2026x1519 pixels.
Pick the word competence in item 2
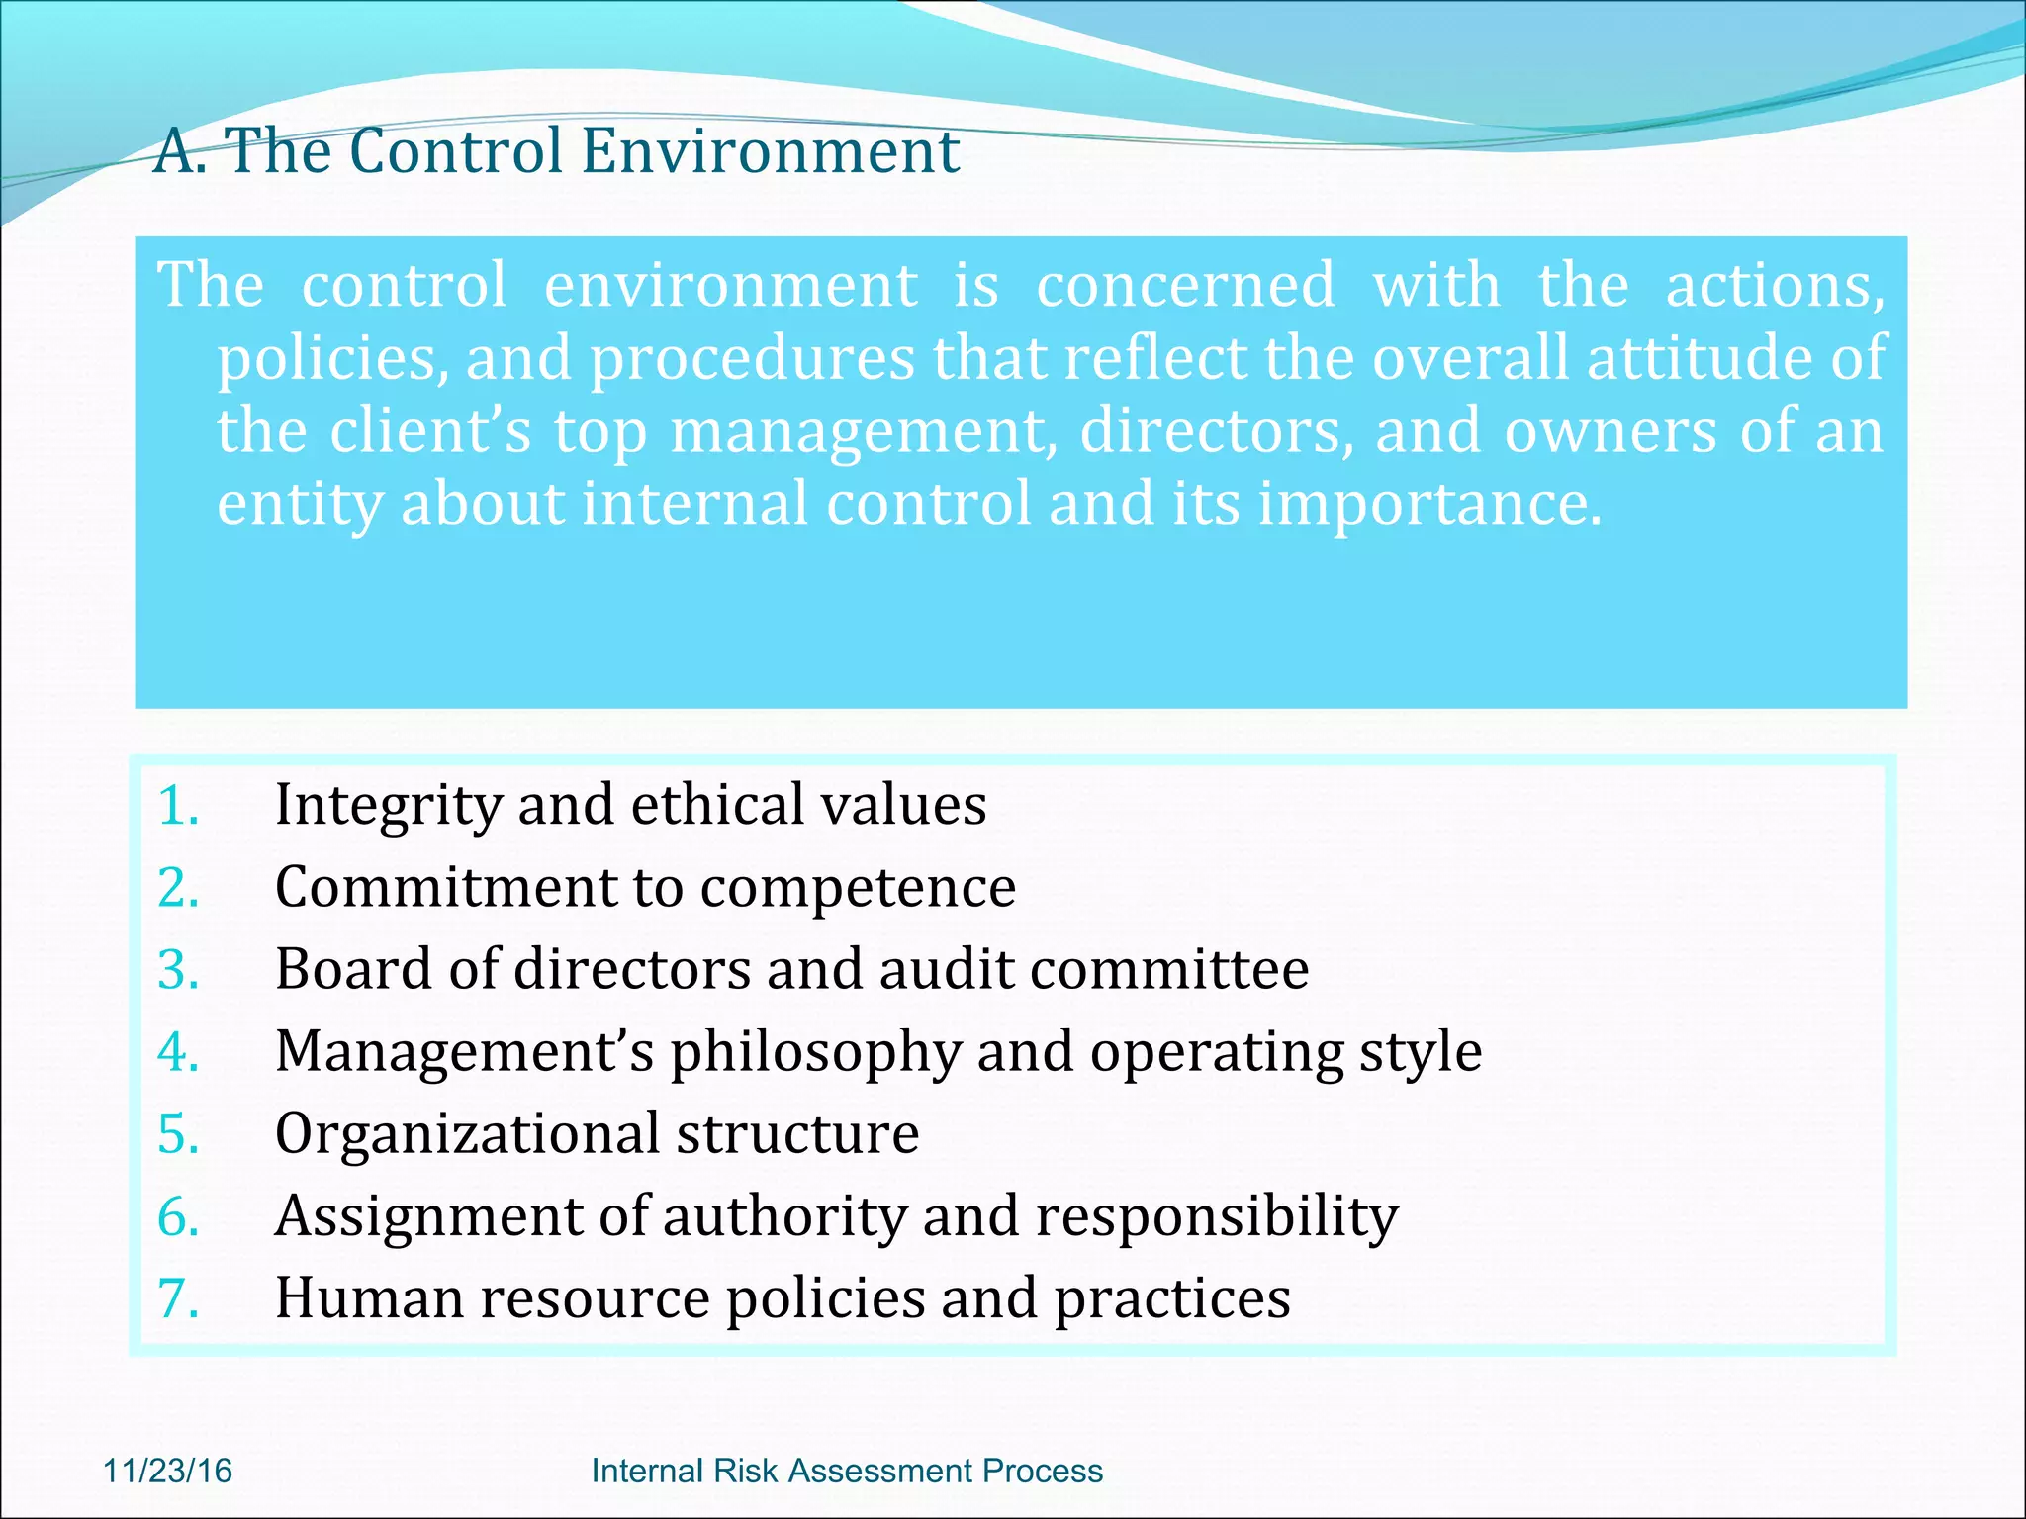[858, 887]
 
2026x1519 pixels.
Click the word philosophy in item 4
[816, 1053]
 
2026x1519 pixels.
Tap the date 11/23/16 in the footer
[167, 1471]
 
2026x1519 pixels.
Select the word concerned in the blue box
[1185, 286]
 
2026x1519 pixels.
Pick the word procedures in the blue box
[752, 359]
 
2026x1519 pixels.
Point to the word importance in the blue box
[1429, 504]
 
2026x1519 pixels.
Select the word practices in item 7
[1172, 1299]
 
